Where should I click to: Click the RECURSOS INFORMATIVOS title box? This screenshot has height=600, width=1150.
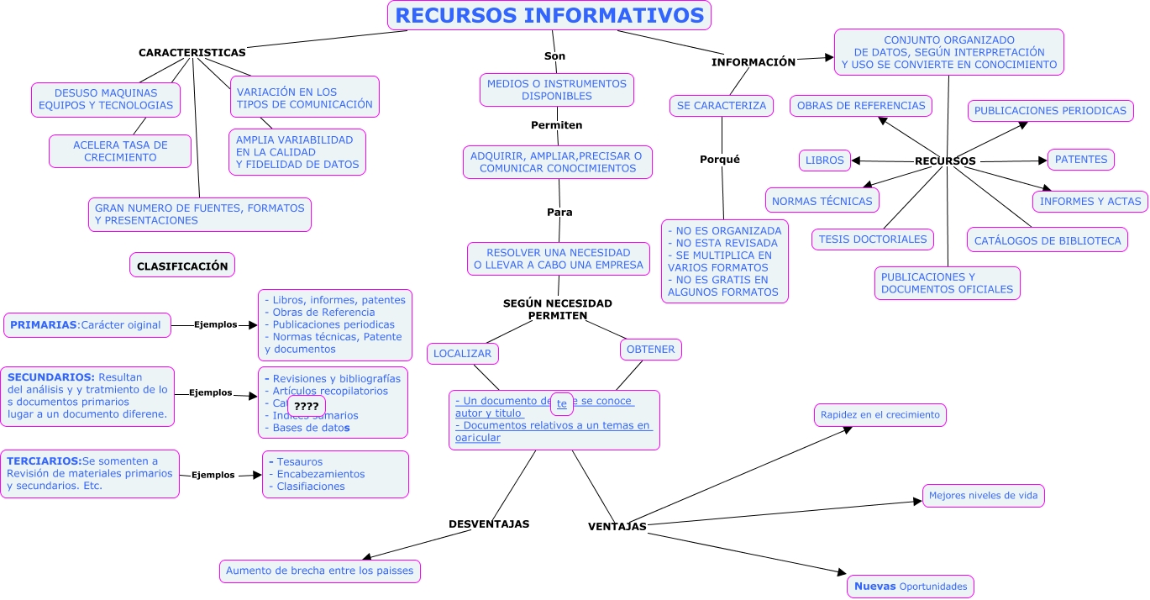(x=549, y=15)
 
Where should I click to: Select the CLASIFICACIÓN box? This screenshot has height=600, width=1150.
(x=182, y=266)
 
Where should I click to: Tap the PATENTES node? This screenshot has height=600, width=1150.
(x=1081, y=160)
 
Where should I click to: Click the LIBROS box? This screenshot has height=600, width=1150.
(x=825, y=161)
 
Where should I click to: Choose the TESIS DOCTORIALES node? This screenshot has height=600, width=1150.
(x=874, y=239)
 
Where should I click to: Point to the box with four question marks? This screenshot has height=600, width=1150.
(x=306, y=407)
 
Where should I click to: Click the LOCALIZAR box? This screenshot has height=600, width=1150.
(x=463, y=354)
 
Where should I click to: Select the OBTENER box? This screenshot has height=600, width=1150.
(x=651, y=349)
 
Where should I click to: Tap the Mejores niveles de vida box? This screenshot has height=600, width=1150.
(x=983, y=496)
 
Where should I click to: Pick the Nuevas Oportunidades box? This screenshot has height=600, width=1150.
(x=911, y=587)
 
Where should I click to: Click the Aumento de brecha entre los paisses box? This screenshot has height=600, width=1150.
(x=320, y=571)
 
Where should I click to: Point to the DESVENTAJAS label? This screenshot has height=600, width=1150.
(x=489, y=524)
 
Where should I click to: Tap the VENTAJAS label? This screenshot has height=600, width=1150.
(x=617, y=527)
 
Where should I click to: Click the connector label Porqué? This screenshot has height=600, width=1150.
(x=720, y=160)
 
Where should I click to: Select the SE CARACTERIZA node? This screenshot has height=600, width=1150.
(x=722, y=106)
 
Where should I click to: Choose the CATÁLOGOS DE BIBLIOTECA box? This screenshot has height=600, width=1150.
(x=1048, y=240)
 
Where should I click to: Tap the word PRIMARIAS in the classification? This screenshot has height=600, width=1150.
(x=43, y=325)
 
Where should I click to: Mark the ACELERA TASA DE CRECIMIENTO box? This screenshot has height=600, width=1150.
(x=120, y=151)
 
